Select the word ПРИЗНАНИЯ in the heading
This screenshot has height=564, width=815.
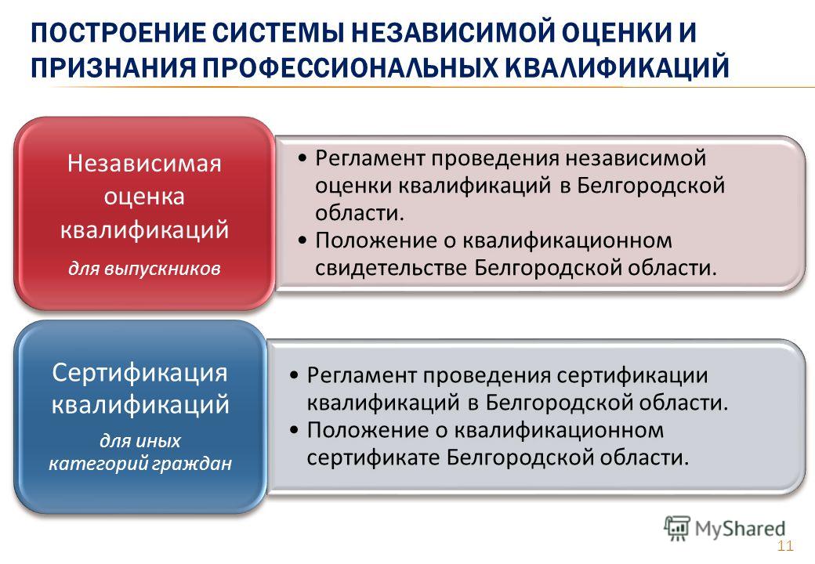click(x=113, y=67)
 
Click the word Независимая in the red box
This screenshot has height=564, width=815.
click(x=144, y=163)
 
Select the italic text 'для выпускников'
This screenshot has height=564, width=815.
click(x=144, y=269)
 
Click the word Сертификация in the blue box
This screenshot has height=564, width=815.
click(x=139, y=372)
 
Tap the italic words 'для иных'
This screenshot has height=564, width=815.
click(x=139, y=440)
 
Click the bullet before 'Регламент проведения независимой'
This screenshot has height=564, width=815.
click(x=302, y=157)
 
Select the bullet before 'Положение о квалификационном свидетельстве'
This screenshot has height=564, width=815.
click(x=302, y=240)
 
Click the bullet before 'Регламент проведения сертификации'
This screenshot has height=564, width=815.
click(x=294, y=375)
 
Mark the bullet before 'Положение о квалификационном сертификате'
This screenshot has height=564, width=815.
click(x=294, y=430)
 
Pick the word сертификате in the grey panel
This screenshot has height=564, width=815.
click(x=373, y=457)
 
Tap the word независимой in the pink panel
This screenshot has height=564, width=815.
click(x=636, y=158)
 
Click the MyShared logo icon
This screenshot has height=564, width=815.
click(x=677, y=529)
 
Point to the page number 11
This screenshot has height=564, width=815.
click(x=785, y=546)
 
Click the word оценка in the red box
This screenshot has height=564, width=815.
click(x=144, y=197)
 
